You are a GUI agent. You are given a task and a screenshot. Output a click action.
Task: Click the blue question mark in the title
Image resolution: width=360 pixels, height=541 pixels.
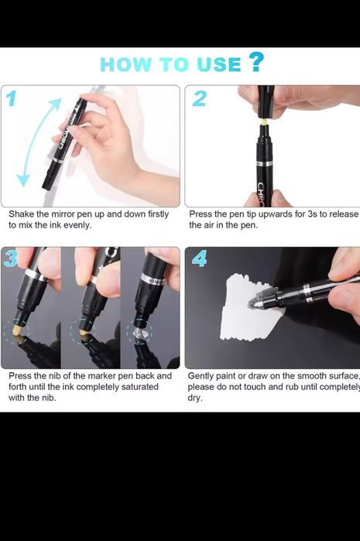point(256,62)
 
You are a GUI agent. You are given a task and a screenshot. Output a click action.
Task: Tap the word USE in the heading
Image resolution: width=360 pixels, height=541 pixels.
point(219,64)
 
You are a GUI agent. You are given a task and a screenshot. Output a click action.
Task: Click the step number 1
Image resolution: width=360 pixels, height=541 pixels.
point(12,98)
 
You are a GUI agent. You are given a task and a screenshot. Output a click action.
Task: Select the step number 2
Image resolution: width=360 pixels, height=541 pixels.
point(199,98)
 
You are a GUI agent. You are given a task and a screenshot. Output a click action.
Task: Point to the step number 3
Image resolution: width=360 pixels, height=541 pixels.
point(11,258)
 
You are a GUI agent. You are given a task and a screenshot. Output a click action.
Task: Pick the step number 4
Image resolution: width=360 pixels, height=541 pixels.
point(200,259)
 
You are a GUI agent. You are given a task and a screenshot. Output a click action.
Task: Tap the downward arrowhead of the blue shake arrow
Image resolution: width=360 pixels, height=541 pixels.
point(23,180)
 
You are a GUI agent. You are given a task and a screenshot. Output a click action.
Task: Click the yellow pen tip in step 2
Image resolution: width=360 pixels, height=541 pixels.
point(264,124)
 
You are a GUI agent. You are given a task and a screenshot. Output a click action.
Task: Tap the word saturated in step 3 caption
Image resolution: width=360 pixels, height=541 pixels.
point(140,387)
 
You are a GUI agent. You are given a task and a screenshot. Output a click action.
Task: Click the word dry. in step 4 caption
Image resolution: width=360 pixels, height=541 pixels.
point(195,398)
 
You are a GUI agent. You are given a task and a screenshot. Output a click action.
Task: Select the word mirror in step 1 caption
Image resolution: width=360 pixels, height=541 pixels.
point(63,214)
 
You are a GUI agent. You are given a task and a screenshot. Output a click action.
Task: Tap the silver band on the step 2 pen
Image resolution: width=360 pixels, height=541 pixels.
point(265,163)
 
